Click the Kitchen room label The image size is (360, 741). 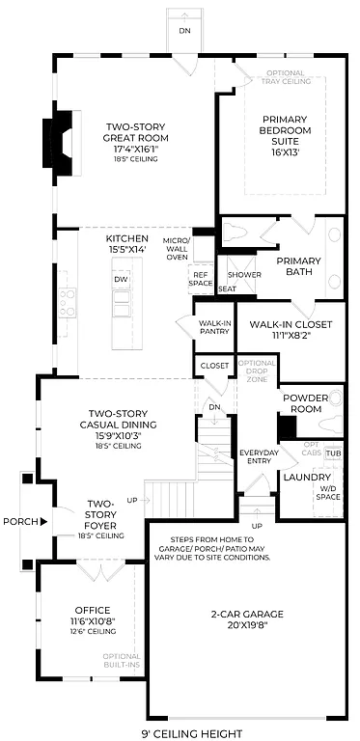(x=126, y=244)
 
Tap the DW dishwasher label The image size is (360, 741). (x=121, y=279)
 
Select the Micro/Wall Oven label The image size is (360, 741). (x=176, y=248)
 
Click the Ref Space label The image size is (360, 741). (x=200, y=278)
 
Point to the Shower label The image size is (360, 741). (x=244, y=274)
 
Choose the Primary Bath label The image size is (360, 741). (x=299, y=266)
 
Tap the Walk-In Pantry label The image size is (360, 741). (x=213, y=327)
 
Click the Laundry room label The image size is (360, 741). (x=307, y=477)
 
